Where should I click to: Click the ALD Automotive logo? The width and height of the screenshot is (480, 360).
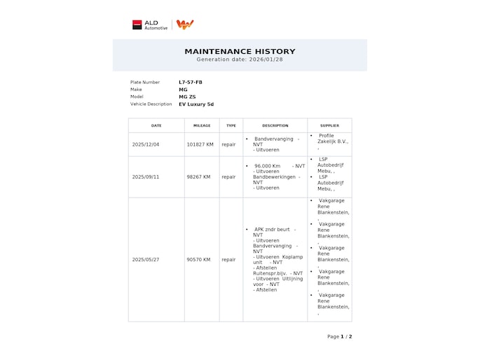[150, 25]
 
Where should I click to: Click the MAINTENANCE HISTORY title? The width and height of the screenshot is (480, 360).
[240, 51]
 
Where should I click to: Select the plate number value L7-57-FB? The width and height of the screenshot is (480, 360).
[191, 82]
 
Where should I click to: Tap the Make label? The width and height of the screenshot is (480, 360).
[136, 90]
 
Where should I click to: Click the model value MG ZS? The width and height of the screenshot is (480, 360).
[187, 97]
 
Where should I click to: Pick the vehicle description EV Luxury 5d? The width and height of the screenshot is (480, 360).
[196, 104]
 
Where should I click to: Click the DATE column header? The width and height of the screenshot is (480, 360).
[156, 125]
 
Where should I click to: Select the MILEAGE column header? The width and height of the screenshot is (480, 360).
[202, 125]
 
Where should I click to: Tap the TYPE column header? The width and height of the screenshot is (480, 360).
[231, 125]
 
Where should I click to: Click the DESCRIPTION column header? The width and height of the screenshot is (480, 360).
[275, 125]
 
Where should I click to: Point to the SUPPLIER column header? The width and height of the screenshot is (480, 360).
[329, 125]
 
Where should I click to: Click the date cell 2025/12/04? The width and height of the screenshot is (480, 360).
[146, 144]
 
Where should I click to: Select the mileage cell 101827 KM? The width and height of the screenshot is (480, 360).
[200, 144]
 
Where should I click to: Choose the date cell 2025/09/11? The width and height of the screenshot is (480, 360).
[146, 176]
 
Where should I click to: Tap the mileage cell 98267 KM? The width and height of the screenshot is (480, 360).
[198, 176]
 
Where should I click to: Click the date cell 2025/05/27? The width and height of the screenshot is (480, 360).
[146, 259]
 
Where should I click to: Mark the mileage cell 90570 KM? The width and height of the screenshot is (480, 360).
[198, 259]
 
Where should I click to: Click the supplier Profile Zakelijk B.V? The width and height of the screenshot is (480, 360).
[332, 139]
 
